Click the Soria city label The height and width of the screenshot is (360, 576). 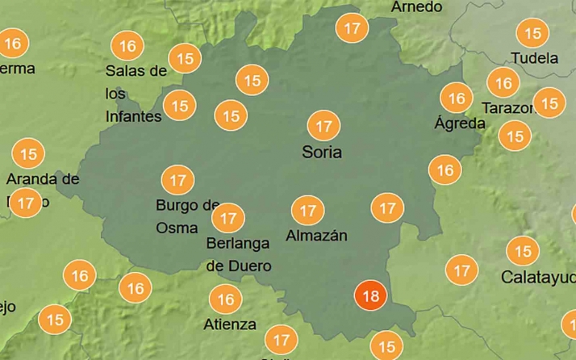(x=322, y=152)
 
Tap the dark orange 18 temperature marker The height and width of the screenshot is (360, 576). (x=371, y=296)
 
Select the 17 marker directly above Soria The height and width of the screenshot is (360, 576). (x=324, y=127)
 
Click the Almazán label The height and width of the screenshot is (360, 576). (x=316, y=236)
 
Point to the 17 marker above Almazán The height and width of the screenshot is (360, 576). (x=307, y=211)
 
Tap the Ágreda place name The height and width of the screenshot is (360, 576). (x=460, y=123)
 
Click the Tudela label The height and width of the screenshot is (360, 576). (x=535, y=58)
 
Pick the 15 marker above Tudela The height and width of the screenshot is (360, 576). (x=532, y=33)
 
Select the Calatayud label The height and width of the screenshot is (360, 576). (x=537, y=277)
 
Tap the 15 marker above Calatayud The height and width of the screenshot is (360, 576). (x=523, y=251)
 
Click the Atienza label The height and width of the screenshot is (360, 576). (x=231, y=324)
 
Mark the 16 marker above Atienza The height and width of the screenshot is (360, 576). (x=226, y=300)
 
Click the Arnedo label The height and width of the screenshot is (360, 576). (x=417, y=6)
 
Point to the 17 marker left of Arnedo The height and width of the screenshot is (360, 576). (x=352, y=28)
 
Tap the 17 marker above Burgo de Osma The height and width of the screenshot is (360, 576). (x=177, y=180)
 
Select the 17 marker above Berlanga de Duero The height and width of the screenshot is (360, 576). (x=228, y=218)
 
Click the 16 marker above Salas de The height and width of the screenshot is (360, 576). (x=127, y=46)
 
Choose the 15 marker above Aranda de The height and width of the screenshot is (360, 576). (x=29, y=153)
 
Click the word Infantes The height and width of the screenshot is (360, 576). (x=133, y=116)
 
